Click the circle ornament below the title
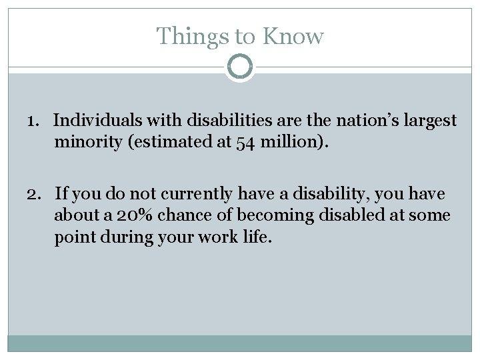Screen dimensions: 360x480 coord(239,67)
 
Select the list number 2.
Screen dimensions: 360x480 coord(35,194)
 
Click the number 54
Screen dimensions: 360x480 coord(226,141)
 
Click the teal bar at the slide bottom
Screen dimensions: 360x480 coord(239,343)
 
